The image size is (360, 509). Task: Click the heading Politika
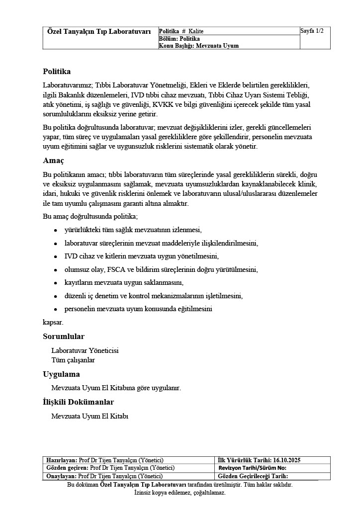point(57,72)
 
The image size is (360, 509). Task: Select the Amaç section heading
point(53,161)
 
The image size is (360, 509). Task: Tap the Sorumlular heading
point(64,337)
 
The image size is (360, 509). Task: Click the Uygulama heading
point(61,374)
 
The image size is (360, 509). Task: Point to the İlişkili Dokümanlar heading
point(79,402)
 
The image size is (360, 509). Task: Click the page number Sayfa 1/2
point(312,31)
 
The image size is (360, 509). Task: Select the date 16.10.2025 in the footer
point(287,460)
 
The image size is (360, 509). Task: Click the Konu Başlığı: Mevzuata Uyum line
point(198,46)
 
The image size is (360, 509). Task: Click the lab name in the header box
point(99,31)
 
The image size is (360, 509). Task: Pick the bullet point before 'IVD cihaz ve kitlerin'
point(55,257)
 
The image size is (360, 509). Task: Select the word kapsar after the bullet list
point(53,322)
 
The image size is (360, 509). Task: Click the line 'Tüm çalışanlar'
point(73,360)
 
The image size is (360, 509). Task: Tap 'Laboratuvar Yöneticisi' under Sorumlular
point(85,350)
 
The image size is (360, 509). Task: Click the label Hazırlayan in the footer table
point(61,460)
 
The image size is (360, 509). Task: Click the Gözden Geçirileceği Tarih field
point(253,476)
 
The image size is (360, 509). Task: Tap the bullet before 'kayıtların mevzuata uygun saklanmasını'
point(55,283)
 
